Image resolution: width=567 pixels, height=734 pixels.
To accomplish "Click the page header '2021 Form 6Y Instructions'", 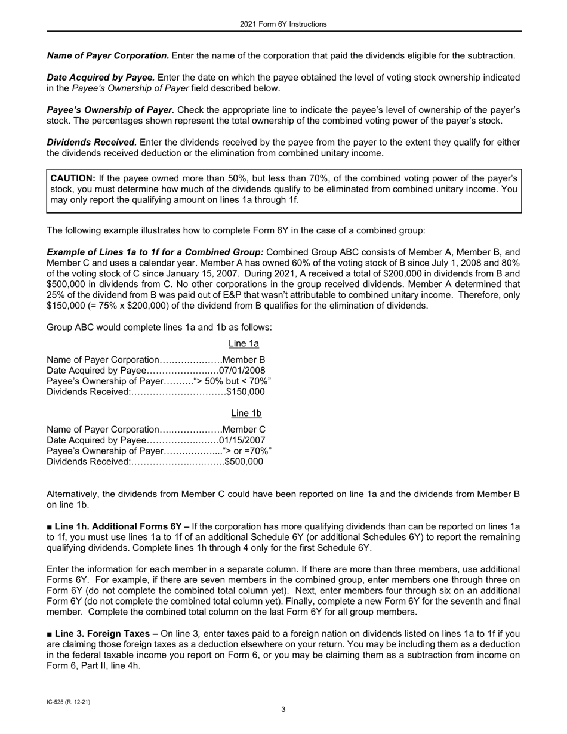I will (x=283, y=24).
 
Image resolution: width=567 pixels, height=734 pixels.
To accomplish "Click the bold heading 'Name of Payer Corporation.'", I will (x=108, y=55).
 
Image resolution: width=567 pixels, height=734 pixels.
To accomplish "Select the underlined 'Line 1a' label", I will (x=244, y=343).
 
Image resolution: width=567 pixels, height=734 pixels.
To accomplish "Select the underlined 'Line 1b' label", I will (x=246, y=413).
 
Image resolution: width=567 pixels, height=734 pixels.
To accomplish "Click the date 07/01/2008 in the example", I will (x=242, y=371).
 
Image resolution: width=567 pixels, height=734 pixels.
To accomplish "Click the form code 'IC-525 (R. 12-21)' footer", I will (x=69, y=702).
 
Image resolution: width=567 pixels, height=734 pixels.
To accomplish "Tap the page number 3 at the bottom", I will (x=283, y=710).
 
